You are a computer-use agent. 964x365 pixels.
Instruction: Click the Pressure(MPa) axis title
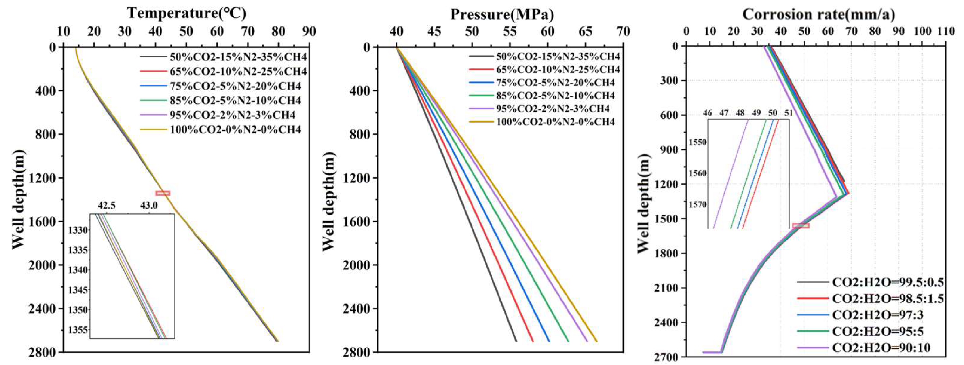coord(501,14)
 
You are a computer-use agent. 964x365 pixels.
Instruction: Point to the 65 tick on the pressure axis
coord(586,31)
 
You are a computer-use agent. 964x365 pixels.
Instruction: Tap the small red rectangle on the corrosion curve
coord(800,226)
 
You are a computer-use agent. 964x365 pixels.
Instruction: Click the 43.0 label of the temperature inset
coord(149,206)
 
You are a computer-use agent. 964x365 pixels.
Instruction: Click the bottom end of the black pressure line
coord(516,341)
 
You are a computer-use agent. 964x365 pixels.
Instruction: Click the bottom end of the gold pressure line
coord(596,341)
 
